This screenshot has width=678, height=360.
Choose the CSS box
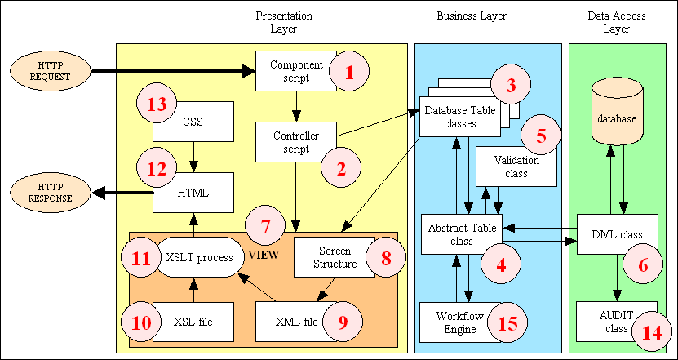point(193,122)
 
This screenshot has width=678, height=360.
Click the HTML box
point(193,193)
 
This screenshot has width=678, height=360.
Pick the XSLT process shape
point(200,256)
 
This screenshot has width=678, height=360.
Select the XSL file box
point(193,322)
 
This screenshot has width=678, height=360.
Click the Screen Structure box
point(335,257)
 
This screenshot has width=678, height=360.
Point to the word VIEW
point(264,255)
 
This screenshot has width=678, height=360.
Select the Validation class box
point(512,166)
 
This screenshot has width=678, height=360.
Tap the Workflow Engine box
point(450,322)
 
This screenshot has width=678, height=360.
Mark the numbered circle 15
point(507,322)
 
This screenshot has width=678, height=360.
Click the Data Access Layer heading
point(616,22)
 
